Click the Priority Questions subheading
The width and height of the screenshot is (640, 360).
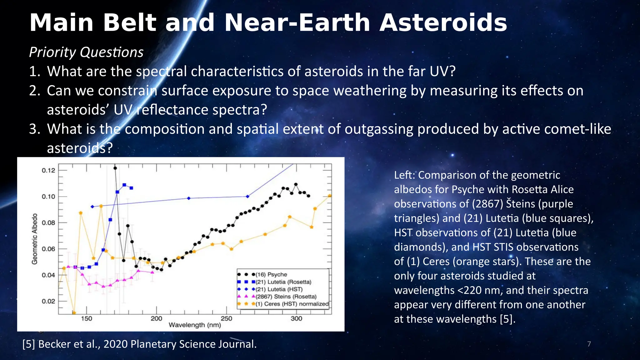86,52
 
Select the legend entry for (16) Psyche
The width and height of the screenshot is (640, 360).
271,274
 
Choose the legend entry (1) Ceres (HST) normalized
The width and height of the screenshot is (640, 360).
292,304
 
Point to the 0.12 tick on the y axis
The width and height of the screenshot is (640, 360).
48,170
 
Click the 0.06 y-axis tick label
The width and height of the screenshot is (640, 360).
48,249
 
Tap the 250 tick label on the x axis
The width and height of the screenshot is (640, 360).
226,318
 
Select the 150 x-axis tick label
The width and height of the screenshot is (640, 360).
87,318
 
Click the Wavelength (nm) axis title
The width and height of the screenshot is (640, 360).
195,325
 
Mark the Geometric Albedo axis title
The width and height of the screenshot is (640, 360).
35,239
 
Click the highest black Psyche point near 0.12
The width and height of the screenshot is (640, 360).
115,168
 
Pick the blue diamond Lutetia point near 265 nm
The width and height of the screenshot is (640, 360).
247,197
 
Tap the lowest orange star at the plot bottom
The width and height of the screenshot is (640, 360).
74,312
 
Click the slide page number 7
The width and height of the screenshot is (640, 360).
589,344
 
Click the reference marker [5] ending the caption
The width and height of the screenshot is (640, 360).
506,319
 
